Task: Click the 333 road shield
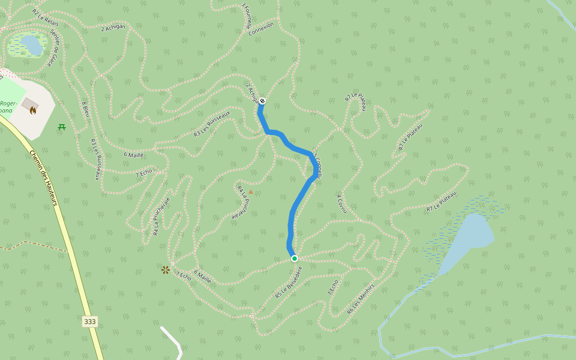(90, 322)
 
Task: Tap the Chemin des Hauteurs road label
(43, 178)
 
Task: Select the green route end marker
(295, 259)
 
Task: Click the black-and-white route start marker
(262, 101)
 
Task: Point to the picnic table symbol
(62, 127)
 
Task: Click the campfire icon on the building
(32, 110)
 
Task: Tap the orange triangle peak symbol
(251, 192)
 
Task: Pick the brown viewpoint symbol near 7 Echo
(166, 270)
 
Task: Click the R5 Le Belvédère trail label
(289, 282)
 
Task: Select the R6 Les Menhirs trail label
(361, 299)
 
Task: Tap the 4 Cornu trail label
(341, 203)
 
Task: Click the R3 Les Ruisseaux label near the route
(212, 124)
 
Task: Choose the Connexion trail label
(261, 28)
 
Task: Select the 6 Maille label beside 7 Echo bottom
(202, 277)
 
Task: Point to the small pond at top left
(31, 44)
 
